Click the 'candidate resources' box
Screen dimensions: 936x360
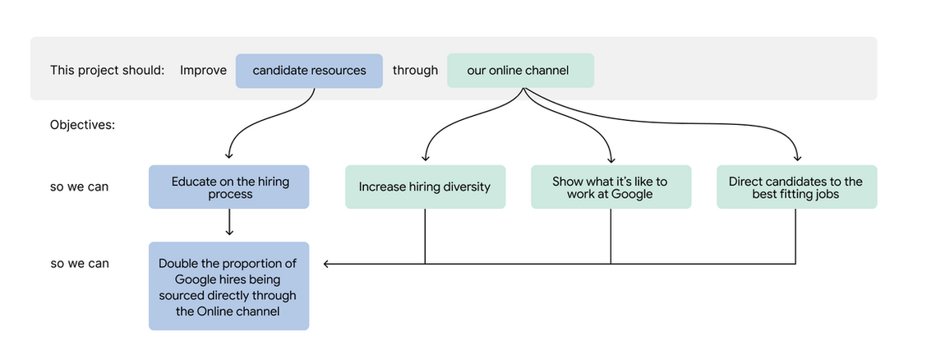309,71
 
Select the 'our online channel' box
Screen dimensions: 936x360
520,71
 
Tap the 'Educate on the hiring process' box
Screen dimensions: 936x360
228,187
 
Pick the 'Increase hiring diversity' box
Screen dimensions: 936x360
425,187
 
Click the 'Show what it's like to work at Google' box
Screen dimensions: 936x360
611,187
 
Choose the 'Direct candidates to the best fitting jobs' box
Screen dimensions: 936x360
796,187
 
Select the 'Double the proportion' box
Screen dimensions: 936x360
228,286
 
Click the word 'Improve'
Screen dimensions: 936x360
204,71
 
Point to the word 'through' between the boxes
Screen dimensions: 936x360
415,71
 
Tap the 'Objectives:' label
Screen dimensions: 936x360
82,126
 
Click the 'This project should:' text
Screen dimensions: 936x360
108,71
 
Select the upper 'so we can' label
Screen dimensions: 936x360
80,187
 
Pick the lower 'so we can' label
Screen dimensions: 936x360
80,263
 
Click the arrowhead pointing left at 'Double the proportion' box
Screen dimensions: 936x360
326,263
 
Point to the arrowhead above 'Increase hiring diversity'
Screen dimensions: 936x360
426,158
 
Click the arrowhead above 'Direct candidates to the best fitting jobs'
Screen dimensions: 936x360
797,158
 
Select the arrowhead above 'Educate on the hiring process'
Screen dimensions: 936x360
229,156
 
